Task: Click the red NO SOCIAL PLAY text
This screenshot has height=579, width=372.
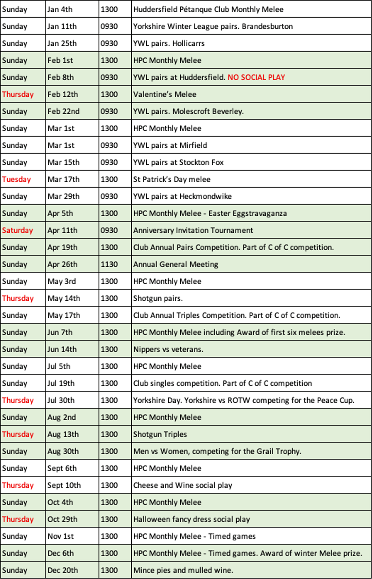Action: [x=256, y=77]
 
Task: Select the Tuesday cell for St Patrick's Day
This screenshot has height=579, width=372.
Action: [x=16, y=179]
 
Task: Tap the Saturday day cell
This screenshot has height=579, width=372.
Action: [x=17, y=230]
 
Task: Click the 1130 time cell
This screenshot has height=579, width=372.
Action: [x=109, y=264]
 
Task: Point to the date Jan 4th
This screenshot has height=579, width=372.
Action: [x=60, y=9]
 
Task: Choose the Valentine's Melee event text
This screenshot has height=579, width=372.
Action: [x=165, y=94]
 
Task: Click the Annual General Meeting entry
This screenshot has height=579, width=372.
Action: [x=175, y=264]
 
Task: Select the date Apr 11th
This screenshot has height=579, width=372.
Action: [x=62, y=230]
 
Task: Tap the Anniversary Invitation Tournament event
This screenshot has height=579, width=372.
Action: [x=193, y=230]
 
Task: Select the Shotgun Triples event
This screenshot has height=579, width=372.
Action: [x=160, y=434]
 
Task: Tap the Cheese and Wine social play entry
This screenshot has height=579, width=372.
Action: [x=182, y=485]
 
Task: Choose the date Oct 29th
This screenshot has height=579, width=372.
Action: [x=62, y=519]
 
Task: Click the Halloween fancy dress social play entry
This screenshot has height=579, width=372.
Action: [x=191, y=519]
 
